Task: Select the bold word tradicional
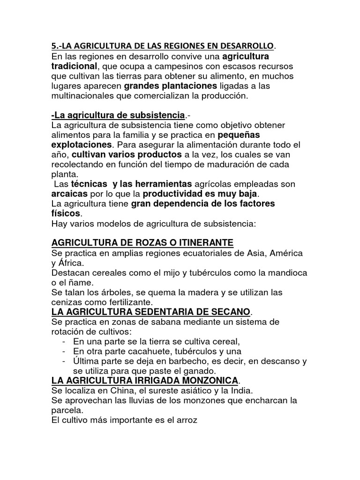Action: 74,66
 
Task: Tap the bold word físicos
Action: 65,213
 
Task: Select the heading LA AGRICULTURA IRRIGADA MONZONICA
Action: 145,380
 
